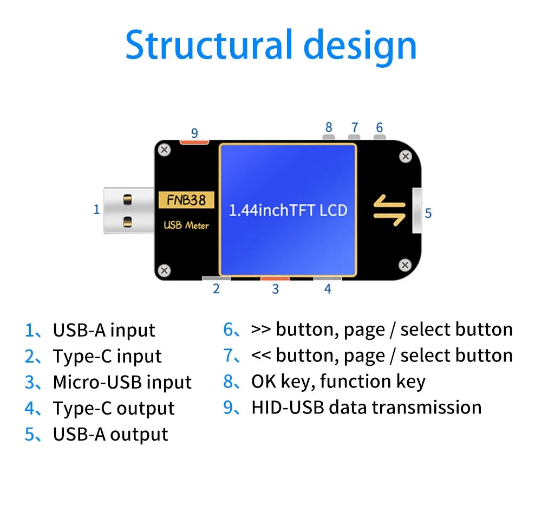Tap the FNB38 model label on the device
click(186, 200)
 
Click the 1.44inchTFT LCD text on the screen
click(288, 210)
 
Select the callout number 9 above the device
click(195, 133)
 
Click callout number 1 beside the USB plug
click(97, 209)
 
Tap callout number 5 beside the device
click(428, 213)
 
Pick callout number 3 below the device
click(275, 289)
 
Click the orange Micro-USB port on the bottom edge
click(275, 279)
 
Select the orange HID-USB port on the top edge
click(194, 142)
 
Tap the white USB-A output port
click(417, 210)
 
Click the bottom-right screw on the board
click(404, 264)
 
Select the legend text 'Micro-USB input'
click(122, 382)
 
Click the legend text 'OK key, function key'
click(338, 382)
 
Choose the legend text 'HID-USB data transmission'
click(366, 407)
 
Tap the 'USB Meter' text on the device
click(186, 225)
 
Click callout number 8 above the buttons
click(329, 127)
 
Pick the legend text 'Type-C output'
click(113, 408)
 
